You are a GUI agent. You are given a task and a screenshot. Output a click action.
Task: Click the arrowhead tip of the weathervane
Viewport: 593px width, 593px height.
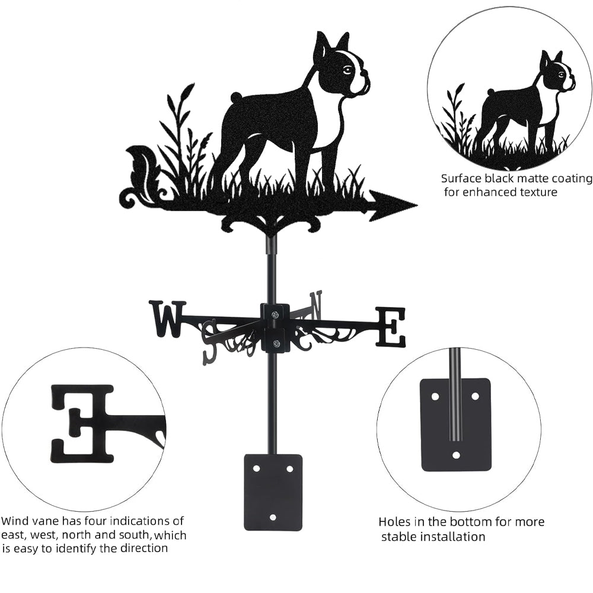click(417, 205)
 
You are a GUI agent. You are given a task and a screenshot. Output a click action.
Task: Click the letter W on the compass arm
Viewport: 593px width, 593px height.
click(167, 318)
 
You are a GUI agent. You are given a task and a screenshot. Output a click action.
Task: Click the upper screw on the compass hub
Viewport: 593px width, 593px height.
click(275, 314)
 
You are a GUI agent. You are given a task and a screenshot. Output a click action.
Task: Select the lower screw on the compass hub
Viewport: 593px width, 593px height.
click(276, 344)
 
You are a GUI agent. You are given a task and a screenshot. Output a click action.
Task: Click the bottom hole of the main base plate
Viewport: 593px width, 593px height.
click(273, 517)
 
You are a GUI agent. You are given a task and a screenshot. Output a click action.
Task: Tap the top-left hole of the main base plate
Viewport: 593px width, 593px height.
click(256, 468)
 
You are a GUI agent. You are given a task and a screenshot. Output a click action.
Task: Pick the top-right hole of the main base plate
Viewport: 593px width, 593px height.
click(290, 469)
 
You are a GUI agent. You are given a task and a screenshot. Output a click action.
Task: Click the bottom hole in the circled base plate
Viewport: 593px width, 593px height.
click(455, 454)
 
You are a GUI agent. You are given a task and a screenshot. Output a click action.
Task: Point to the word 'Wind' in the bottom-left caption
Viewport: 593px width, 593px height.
click(14, 521)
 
